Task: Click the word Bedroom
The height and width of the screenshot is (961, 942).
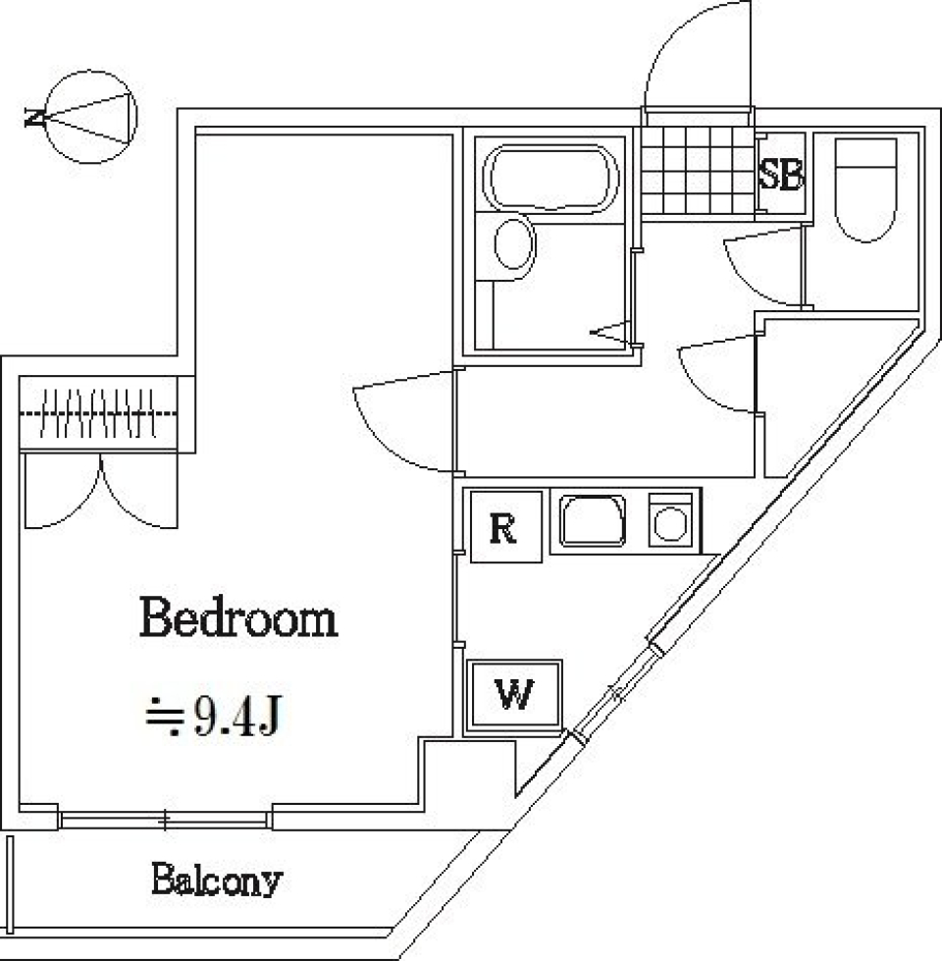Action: (x=239, y=619)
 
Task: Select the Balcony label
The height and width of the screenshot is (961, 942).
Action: (x=216, y=881)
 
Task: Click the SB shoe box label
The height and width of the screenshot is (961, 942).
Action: (x=781, y=176)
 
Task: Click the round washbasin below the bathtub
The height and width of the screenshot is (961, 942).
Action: (x=512, y=244)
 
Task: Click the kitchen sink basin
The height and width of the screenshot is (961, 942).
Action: (x=594, y=520)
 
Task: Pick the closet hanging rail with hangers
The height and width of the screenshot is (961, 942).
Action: (x=98, y=413)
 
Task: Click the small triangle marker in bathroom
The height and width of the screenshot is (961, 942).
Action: (x=607, y=333)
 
